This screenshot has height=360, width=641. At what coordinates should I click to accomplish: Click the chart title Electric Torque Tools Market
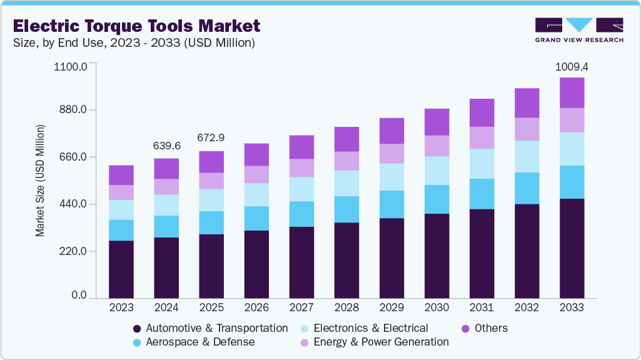coord(136,26)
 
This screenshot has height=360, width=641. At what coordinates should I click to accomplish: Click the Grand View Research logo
coord(579,29)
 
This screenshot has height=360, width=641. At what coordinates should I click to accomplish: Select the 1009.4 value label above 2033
coord(572,66)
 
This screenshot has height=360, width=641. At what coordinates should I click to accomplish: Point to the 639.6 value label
coord(166,146)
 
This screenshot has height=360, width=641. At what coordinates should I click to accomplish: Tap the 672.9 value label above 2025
coord(211,137)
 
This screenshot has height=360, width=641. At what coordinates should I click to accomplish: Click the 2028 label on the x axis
coord(346,307)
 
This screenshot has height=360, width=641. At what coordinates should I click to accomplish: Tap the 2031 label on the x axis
coord(482,307)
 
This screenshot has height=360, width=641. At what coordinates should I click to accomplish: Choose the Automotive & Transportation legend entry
coord(210,328)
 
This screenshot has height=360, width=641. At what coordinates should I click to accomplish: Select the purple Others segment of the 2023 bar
coord(121,175)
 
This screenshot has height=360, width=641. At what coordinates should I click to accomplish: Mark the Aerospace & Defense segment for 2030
coord(437,199)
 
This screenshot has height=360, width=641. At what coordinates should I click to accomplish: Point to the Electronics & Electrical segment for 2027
coord(301,189)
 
